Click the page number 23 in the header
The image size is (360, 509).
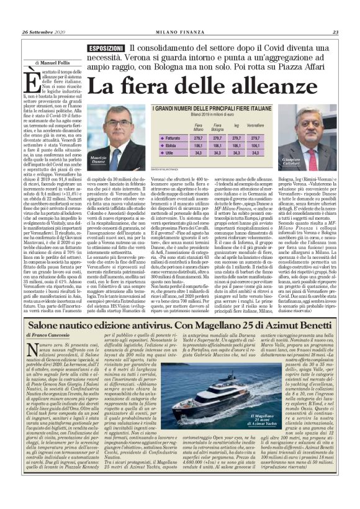335,33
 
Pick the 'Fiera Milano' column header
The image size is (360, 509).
183,126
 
